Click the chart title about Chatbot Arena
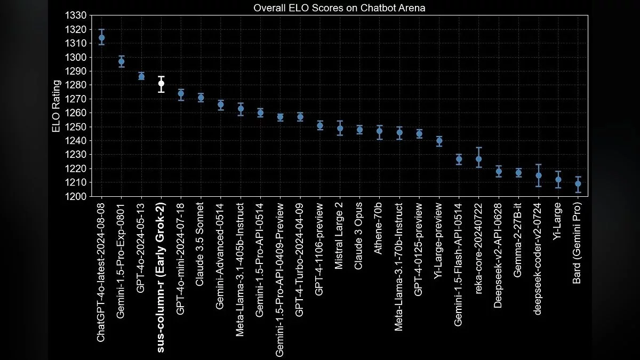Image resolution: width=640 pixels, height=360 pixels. tap(339, 9)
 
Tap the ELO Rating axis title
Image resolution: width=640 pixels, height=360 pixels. tap(56, 106)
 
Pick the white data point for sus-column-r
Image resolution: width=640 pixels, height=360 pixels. tap(161, 83)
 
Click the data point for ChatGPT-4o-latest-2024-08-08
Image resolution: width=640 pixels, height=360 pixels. tap(101, 38)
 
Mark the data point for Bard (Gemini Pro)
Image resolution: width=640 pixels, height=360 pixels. tap(578, 183)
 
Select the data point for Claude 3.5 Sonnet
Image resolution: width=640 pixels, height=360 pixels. tap(201, 98)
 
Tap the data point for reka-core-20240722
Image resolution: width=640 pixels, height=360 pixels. tap(479, 159)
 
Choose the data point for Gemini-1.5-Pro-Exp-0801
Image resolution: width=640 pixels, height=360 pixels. tap(122, 61)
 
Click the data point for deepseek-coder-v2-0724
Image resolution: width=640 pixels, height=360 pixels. tap(539, 175)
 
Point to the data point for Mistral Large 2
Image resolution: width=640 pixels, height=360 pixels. tap(340, 128)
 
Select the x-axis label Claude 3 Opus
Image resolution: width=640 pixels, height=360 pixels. tap(359, 228)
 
